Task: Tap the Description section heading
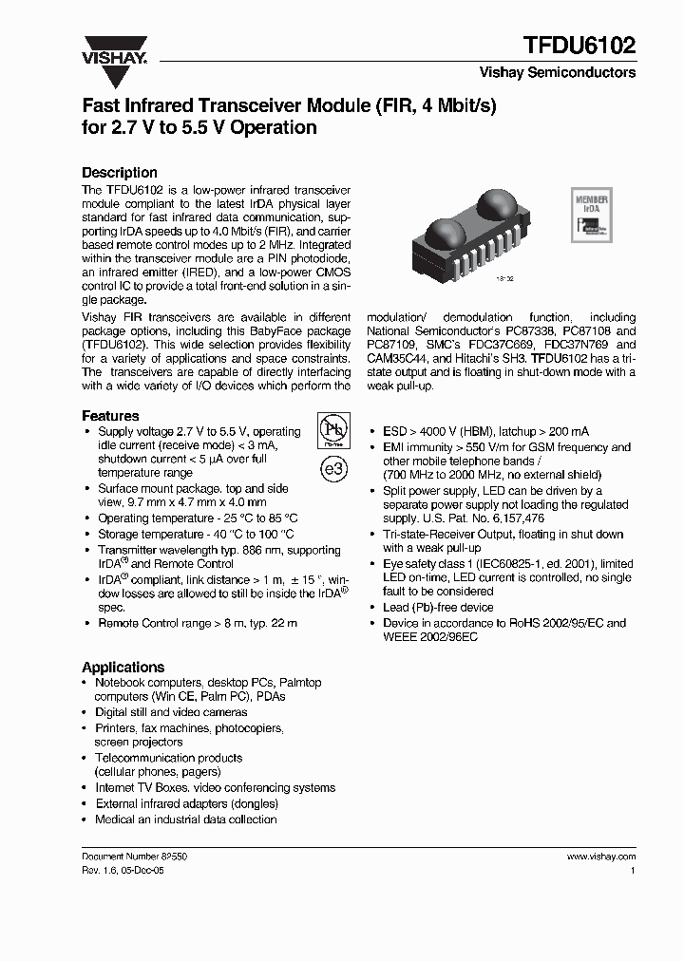click(120, 173)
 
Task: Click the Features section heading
click(110, 416)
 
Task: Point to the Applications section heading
click(123, 667)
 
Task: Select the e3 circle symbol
click(332, 470)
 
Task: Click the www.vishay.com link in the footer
click(600, 856)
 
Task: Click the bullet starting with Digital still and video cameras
click(171, 712)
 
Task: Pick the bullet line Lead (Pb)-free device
click(438, 608)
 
